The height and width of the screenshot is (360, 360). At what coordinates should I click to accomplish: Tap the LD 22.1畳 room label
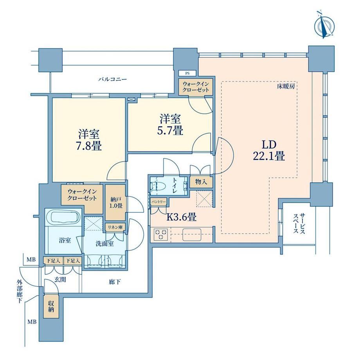tap(269, 151)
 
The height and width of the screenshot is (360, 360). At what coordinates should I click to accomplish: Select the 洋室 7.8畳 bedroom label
tap(89, 140)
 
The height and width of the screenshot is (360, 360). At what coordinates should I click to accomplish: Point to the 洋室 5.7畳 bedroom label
tap(170, 125)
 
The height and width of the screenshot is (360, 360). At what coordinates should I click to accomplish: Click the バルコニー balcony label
tap(113, 79)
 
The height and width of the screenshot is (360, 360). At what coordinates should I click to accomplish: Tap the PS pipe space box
tap(187, 74)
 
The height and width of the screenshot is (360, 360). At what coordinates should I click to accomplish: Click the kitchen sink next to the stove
tap(192, 234)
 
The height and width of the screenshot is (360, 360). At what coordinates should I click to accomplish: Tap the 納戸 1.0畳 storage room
tap(115, 203)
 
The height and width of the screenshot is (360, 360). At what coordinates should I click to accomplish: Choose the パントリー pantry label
tap(158, 202)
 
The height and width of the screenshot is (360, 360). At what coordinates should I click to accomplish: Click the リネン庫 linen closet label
tap(115, 227)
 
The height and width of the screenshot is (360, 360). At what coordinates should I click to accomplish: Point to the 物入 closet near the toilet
tap(201, 182)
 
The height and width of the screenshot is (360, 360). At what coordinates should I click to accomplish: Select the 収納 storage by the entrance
tap(51, 306)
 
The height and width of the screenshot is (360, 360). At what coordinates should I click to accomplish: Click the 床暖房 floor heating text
tap(286, 86)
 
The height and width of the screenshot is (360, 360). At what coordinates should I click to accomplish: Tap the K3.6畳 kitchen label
tap(181, 217)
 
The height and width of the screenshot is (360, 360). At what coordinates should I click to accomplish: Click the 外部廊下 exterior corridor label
tap(20, 291)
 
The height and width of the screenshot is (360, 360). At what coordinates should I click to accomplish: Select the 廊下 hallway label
tap(115, 282)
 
